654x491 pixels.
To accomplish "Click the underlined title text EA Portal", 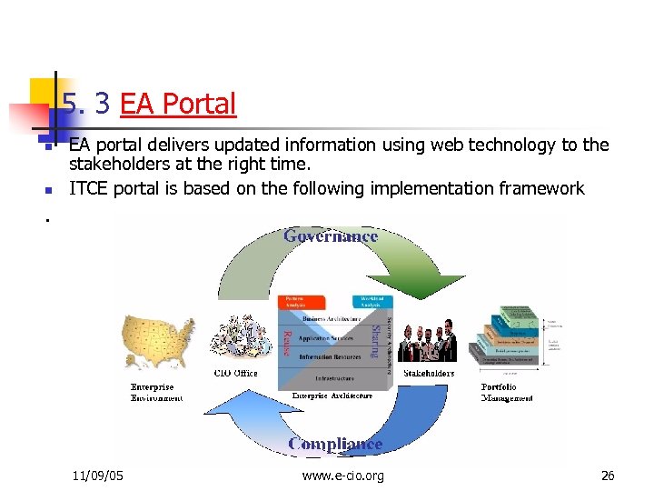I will pos(178,104).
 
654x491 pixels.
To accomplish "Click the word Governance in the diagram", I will pos(331,235).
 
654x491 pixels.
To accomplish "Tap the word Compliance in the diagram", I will pos(335,444).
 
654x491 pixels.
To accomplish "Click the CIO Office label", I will pos(235,373).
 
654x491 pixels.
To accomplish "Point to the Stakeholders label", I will pos(429,373).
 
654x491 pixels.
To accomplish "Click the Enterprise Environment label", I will pos(156,393).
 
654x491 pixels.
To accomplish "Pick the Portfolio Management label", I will pos(507,393).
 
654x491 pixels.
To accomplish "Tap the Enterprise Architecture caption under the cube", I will pos(332,396).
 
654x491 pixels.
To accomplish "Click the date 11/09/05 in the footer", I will pos(98,475).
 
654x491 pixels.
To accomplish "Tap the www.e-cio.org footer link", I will pos(342,475).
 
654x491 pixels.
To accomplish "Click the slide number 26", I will pos(608,475).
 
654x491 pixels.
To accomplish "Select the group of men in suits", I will pos(429,342).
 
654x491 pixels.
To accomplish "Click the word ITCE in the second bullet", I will pos(90,188).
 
